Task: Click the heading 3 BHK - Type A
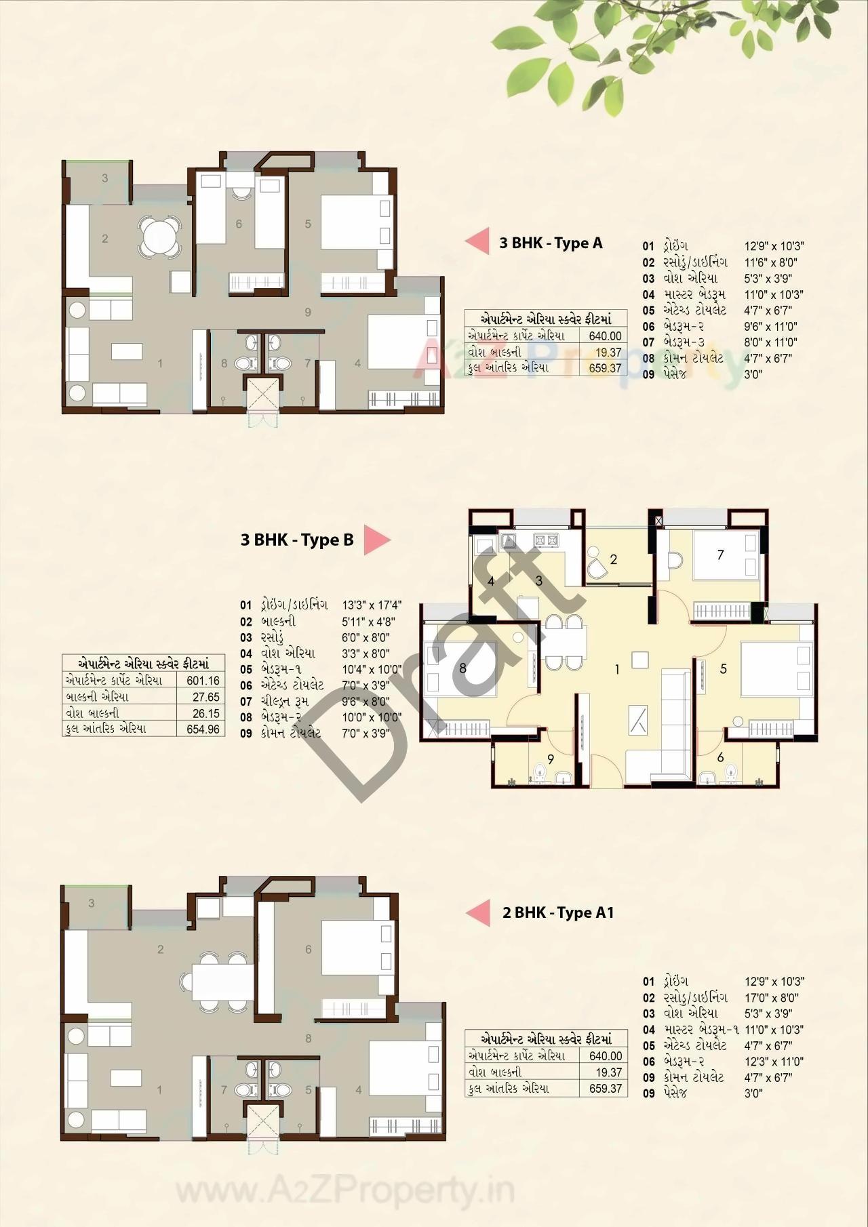(x=551, y=243)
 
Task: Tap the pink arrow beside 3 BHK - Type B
(x=376, y=540)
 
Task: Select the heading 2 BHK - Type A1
(x=558, y=912)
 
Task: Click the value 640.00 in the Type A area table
(x=605, y=336)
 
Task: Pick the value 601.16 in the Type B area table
(x=203, y=681)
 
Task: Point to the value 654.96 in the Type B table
(x=203, y=729)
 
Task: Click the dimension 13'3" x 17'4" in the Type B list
(x=372, y=605)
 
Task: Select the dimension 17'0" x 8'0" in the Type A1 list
(x=771, y=998)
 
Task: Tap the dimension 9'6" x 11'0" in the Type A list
(x=770, y=326)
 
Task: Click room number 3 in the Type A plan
(x=104, y=178)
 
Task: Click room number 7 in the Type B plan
(x=720, y=555)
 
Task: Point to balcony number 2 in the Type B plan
(x=613, y=559)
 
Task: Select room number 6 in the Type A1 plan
(x=308, y=950)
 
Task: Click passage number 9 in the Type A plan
(x=308, y=312)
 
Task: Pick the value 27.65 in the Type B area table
(x=205, y=697)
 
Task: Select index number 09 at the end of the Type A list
(x=648, y=374)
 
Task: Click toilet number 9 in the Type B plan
(x=550, y=759)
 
